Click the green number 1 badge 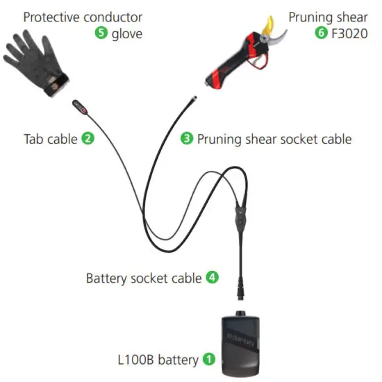pos(208,359)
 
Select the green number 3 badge pos(186,138)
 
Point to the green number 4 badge pos(213,278)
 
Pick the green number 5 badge pos(101,33)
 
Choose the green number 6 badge pos(321,33)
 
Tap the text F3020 pos(349,33)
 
